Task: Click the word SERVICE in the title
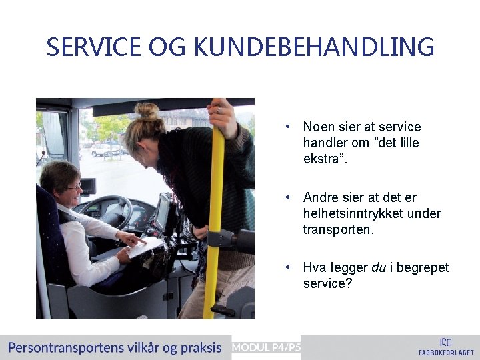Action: (x=93, y=47)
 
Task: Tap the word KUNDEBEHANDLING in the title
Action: (x=314, y=47)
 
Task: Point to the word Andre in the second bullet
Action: (x=321, y=197)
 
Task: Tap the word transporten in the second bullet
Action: (x=337, y=230)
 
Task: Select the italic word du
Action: (x=378, y=267)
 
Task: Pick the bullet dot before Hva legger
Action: (x=287, y=267)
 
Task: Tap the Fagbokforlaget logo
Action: (x=445, y=347)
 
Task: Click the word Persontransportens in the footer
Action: (x=65, y=347)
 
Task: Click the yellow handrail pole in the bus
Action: (x=213, y=220)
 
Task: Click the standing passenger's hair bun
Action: (x=147, y=110)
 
